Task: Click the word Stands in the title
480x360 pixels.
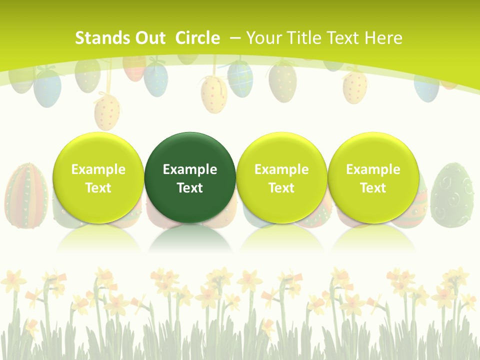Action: pos(102,38)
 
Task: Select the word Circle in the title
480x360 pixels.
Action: pos(197,38)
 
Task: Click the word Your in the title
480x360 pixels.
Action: pos(264,38)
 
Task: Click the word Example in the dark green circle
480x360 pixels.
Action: pos(190,169)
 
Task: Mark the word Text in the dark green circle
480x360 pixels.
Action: pos(190,188)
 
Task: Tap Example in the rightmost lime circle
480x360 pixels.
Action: pos(373,169)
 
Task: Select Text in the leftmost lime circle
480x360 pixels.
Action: pos(98,188)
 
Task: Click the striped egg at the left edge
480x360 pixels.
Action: pos(26,195)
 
